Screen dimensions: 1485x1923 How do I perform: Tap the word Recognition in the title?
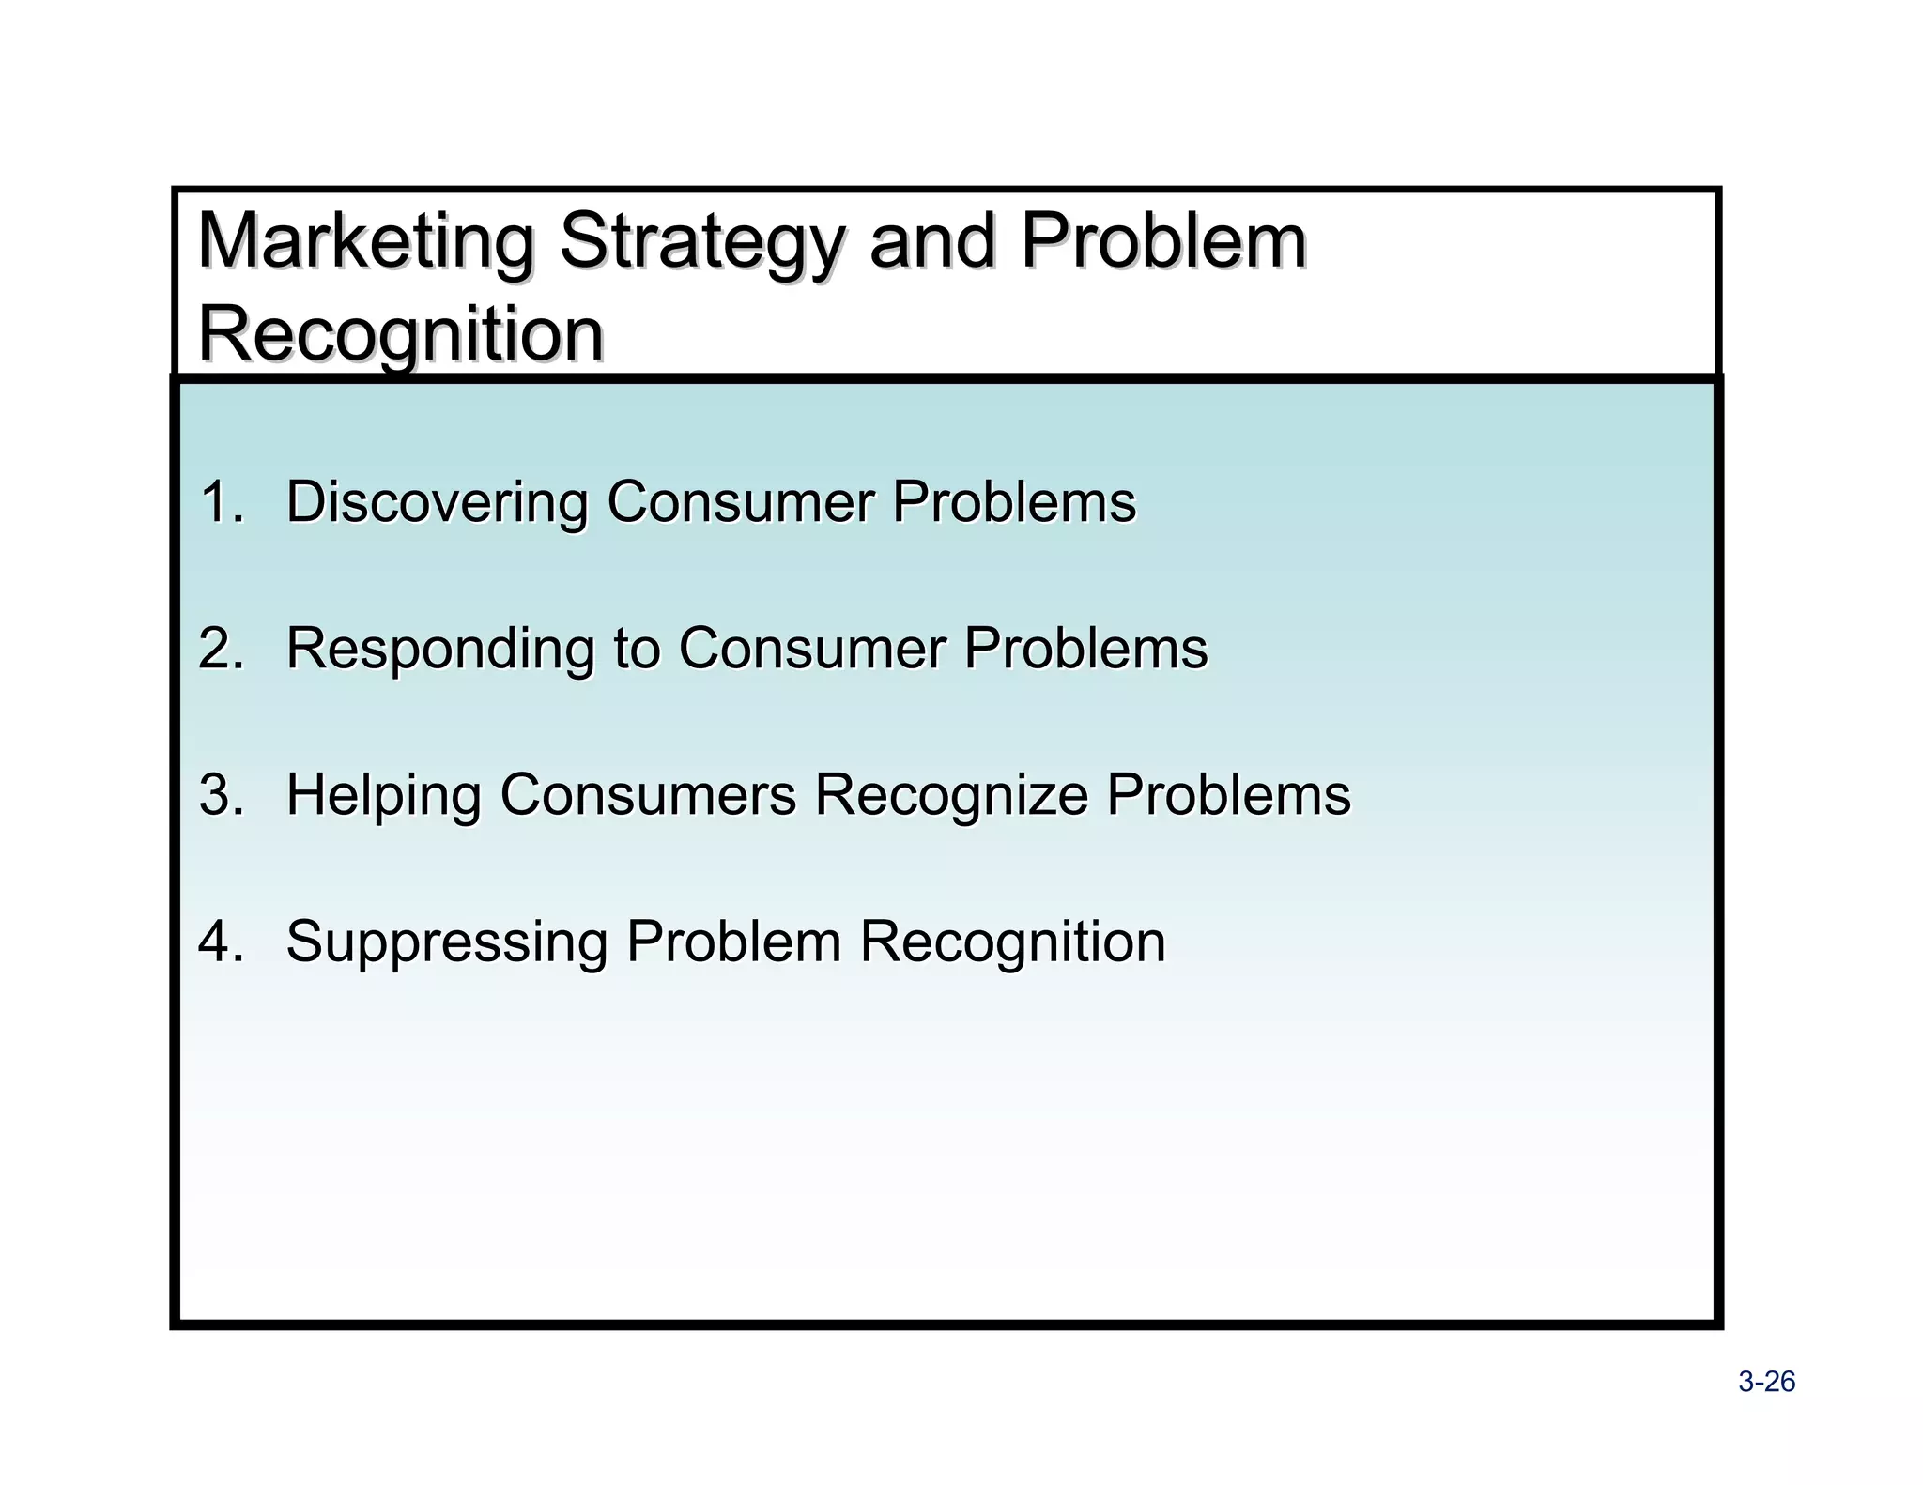click(x=401, y=334)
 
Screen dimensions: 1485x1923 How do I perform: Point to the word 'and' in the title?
click(x=931, y=241)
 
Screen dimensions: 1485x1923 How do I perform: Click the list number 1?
click(x=220, y=501)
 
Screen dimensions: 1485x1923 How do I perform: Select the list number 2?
click(x=220, y=648)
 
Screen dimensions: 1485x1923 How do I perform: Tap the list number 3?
click(x=220, y=794)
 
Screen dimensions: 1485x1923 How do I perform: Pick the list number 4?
click(x=220, y=941)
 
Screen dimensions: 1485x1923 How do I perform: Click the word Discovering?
click(x=436, y=503)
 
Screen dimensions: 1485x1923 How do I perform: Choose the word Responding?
click(x=439, y=650)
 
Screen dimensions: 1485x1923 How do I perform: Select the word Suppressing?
click(x=446, y=942)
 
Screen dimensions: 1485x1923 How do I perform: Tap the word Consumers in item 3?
click(x=648, y=795)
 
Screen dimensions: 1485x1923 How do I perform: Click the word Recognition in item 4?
click(x=1012, y=942)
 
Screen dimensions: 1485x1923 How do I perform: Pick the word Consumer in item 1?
click(x=739, y=502)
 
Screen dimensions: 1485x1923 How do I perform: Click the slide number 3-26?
click(x=1766, y=1382)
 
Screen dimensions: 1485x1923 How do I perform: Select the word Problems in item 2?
click(x=1085, y=649)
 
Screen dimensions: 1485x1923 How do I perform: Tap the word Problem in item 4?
click(x=732, y=942)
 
